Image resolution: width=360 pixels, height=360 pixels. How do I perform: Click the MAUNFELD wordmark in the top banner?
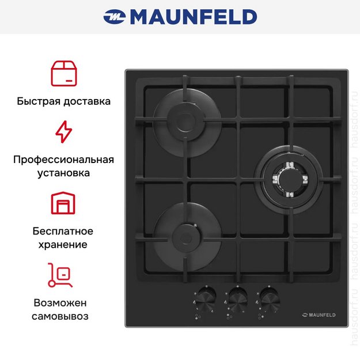[x=194, y=17]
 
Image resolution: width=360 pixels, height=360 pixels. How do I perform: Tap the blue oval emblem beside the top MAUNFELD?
[x=115, y=17]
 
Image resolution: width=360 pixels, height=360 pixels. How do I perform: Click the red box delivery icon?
[x=64, y=74]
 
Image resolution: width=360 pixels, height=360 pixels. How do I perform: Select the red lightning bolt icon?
[x=64, y=132]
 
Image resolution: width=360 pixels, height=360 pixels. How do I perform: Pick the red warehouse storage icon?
[x=63, y=203]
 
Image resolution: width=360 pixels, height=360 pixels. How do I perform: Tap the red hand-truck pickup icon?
[x=60, y=275]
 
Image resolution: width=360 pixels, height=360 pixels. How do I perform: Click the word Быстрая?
[x=39, y=101]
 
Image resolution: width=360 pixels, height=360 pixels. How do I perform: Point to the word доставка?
[x=87, y=101]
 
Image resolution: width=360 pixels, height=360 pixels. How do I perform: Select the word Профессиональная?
[x=63, y=160]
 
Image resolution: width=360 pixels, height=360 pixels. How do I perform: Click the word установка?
[x=63, y=173]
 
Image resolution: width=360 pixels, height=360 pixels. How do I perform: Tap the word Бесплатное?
[x=63, y=231]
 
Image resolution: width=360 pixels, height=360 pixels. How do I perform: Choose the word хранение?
[x=63, y=245]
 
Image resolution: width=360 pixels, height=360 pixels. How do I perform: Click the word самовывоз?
[x=60, y=316]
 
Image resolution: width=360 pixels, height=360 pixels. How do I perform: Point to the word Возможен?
[x=60, y=303]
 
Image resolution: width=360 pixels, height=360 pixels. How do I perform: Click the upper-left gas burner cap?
[x=185, y=120]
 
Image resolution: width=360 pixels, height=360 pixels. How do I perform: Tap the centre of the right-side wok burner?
[x=290, y=179]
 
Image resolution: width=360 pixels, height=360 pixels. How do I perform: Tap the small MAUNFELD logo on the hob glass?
[x=319, y=315]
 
